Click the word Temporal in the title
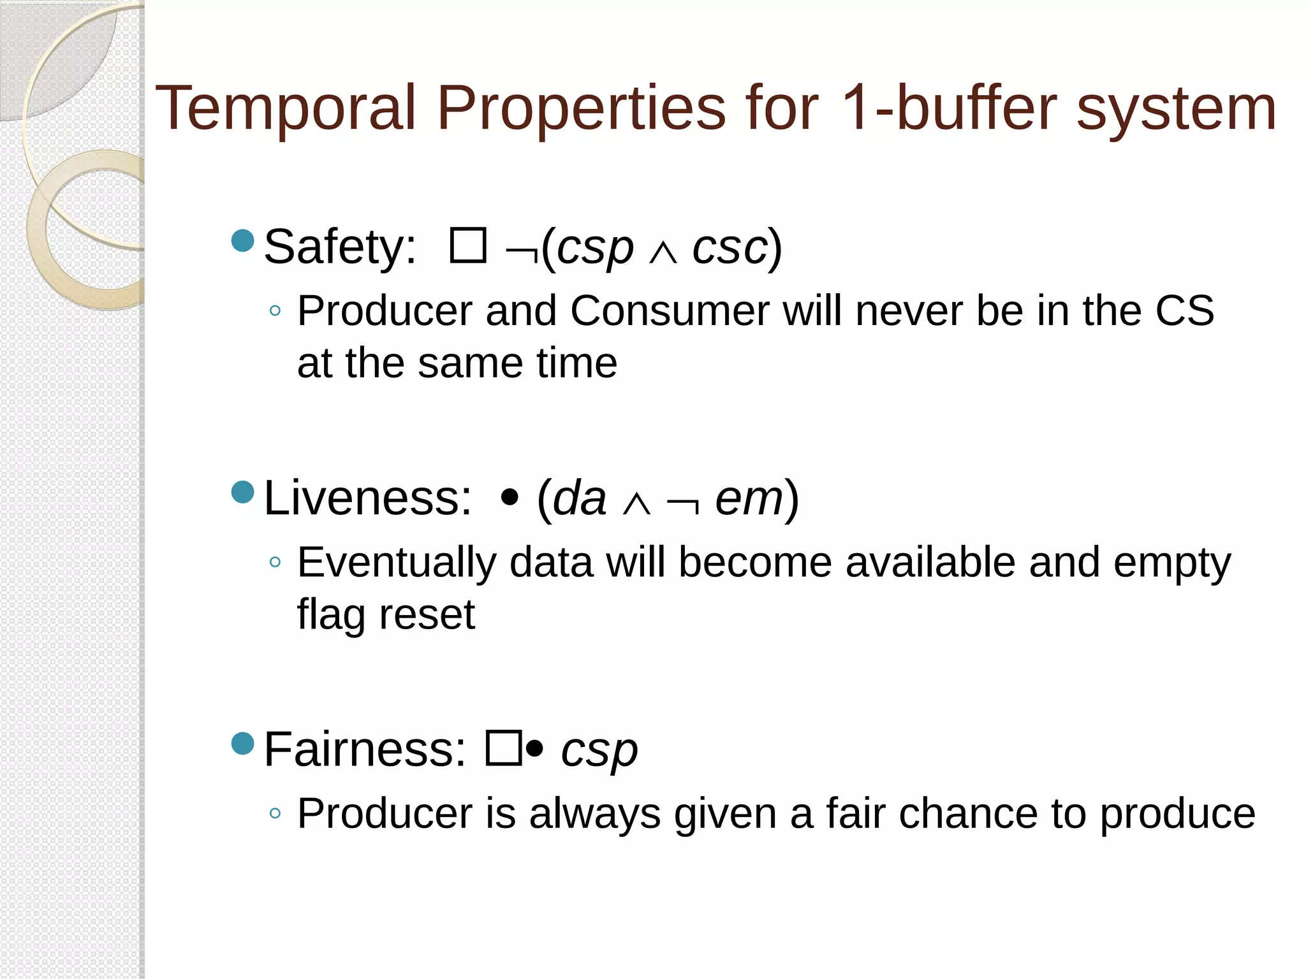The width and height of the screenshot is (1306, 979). point(286,108)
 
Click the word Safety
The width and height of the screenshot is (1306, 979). point(339,247)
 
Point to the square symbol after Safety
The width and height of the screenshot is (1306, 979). point(468,246)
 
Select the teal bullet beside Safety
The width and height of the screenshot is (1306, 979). point(243,241)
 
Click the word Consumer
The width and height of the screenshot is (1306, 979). point(669,312)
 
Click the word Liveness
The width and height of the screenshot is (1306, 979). point(367,498)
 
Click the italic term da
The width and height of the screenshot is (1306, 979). point(579,499)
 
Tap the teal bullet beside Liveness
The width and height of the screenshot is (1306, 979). point(243,492)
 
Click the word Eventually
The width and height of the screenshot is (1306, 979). point(397,563)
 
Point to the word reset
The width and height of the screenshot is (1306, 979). point(427,615)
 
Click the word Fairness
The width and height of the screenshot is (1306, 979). point(365,750)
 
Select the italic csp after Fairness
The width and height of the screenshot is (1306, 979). point(599,751)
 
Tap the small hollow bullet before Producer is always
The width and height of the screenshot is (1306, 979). point(275,813)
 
